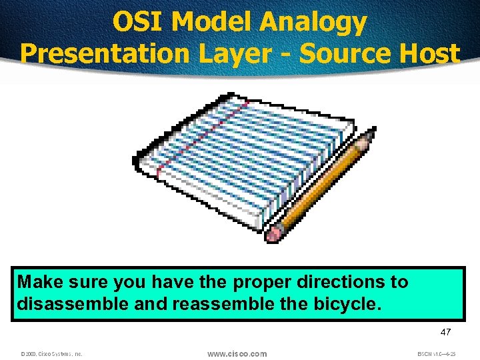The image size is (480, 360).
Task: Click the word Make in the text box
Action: (x=39, y=282)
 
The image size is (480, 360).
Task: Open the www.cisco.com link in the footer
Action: (x=237, y=353)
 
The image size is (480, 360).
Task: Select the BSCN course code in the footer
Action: (x=435, y=354)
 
